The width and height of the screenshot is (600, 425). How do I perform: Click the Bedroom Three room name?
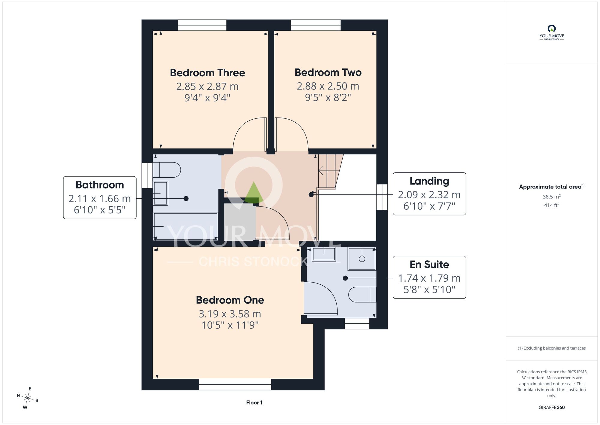pyautogui.click(x=208, y=73)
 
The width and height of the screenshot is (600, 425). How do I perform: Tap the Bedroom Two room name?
pyautogui.click(x=328, y=72)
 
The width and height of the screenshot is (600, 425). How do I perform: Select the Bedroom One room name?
pyautogui.click(x=230, y=300)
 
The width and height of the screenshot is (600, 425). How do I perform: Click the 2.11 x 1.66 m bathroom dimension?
pyautogui.click(x=100, y=199)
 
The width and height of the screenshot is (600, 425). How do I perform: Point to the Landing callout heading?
pyautogui.click(x=429, y=181)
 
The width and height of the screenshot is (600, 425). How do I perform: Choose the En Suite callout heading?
pyautogui.click(x=429, y=264)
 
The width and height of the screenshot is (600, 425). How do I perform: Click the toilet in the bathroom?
pyautogui.click(x=167, y=170)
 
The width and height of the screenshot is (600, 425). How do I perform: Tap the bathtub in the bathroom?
pyautogui.click(x=186, y=226)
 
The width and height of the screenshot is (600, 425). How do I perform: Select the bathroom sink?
pyautogui.click(x=160, y=193)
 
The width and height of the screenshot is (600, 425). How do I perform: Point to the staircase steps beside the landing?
pyautogui.click(x=330, y=171)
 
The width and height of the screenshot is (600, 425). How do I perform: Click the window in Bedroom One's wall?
pyautogui.click(x=235, y=384)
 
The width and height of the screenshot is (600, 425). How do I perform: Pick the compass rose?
pyautogui.click(x=28, y=399)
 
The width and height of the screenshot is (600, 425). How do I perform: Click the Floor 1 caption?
pyautogui.click(x=254, y=402)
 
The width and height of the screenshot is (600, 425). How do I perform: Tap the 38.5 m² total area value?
pyautogui.click(x=552, y=197)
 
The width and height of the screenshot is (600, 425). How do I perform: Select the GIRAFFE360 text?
pyautogui.click(x=552, y=408)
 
